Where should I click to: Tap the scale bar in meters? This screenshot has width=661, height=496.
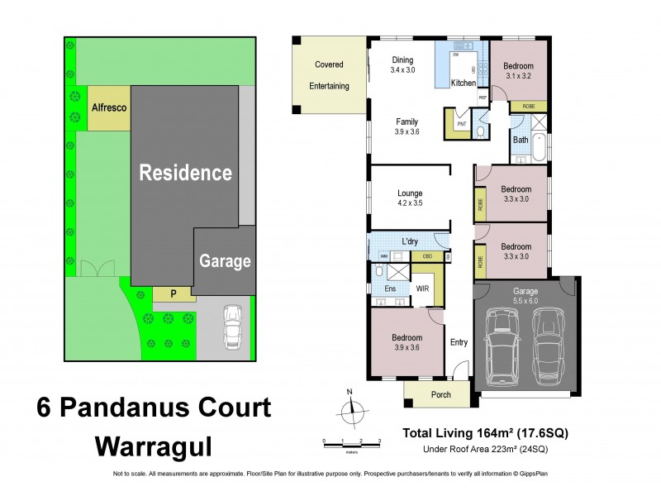(350, 445)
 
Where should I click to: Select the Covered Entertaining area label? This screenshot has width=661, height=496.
(330, 75)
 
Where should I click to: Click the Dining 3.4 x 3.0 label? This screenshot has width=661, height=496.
(402, 65)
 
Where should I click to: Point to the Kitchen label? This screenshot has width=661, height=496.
(463, 83)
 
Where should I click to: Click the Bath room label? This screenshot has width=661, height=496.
(521, 140)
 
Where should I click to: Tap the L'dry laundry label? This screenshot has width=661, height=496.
(411, 242)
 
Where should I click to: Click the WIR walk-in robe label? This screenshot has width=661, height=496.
(422, 289)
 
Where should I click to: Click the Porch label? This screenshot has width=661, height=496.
(441, 394)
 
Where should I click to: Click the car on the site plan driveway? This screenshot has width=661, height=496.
(232, 326)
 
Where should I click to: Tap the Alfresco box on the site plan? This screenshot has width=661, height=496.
(107, 107)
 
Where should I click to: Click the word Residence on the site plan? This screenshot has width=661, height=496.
(185, 174)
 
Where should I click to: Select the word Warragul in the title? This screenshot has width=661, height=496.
(154, 446)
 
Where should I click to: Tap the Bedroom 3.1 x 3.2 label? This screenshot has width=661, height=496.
(519, 70)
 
